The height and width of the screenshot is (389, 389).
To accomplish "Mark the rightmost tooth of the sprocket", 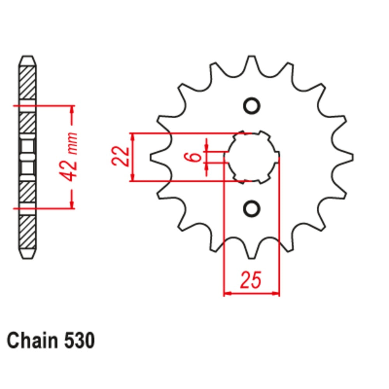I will point(348,157).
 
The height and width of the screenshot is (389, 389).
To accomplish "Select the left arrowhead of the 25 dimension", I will point(228,293).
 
